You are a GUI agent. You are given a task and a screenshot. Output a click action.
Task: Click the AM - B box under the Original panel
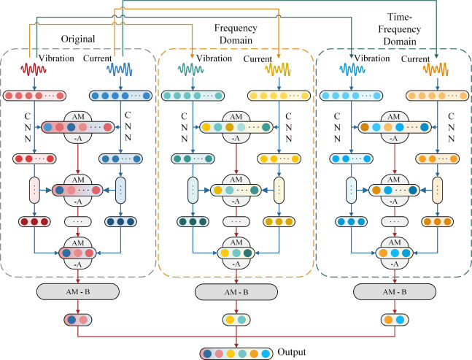click(77, 291)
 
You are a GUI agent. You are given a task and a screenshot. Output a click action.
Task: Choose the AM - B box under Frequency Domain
click(236, 291)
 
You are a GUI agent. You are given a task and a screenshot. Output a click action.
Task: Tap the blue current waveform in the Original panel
click(120, 69)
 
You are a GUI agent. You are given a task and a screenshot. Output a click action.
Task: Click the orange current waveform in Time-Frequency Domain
click(436, 69)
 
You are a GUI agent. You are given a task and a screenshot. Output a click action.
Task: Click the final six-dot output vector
click(236, 351)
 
